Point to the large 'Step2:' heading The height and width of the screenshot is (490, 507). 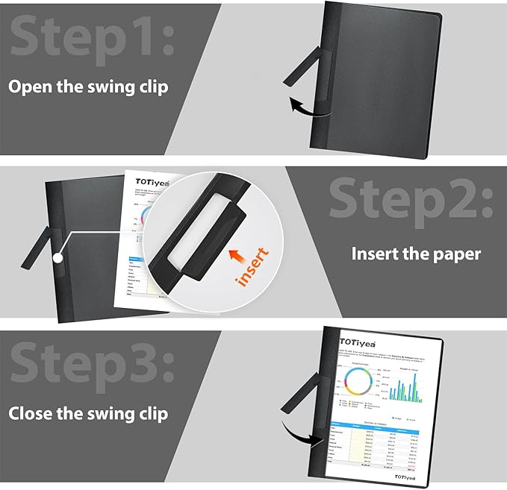tap(411, 198)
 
